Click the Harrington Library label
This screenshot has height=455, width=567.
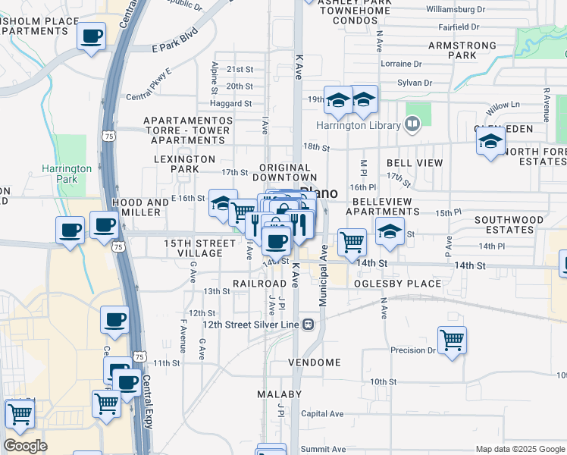pyautogui.click(x=359, y=125)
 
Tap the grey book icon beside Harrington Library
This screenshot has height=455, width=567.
pyautogui.click(x=412, y=122)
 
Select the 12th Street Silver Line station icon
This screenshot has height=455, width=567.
pyautogui.click(x=309, y=325)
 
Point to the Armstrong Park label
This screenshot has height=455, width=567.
pyautogui.click(x=462, y=51)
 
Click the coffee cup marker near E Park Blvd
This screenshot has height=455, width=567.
pyautogui.click(x=91, y=36)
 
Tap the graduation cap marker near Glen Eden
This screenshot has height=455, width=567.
pyautogui.click(x=490, y=142)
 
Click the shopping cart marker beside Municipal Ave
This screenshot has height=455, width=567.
pyautogui.click(x=352, y=243)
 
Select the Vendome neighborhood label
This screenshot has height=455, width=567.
pyautogui.click(x=315, y=362)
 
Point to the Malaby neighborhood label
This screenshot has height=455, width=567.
pyautogui.click(x=279, y=394)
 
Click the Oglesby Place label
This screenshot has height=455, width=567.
pyautogui.click(x=397, y=284)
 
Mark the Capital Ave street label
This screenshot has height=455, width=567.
pyautogui.click(x=322, y=414)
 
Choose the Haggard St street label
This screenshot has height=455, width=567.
pyautogui.click(x=231, y=104)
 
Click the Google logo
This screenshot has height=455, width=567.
pyautogui.click(x=25, y=446)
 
